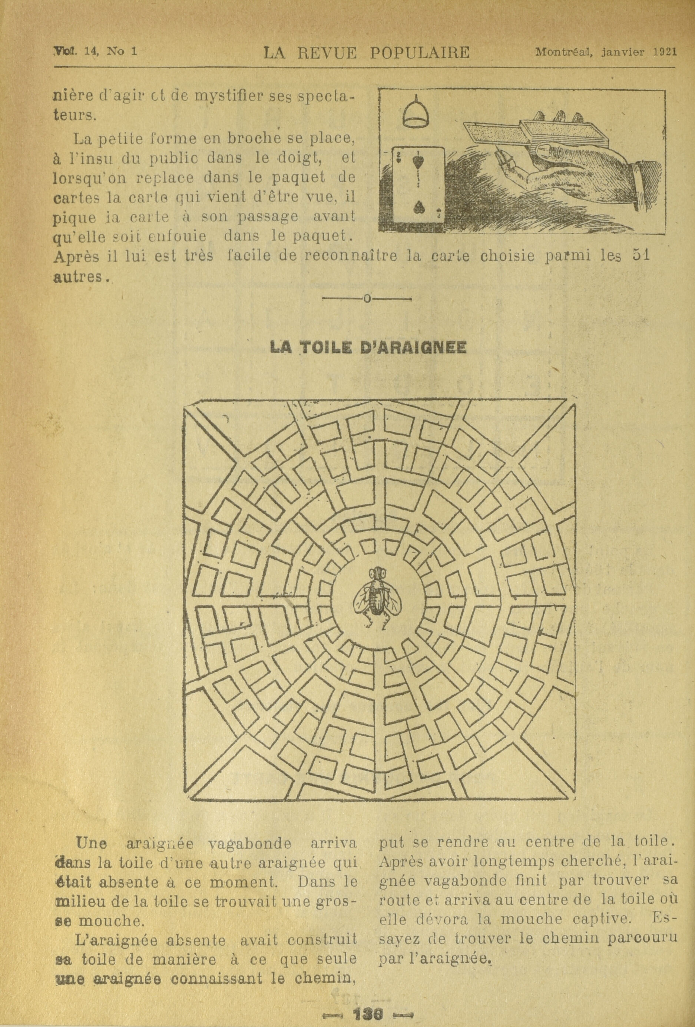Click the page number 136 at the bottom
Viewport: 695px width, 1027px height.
368,1002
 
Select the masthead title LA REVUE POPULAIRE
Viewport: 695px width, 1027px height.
366,53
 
